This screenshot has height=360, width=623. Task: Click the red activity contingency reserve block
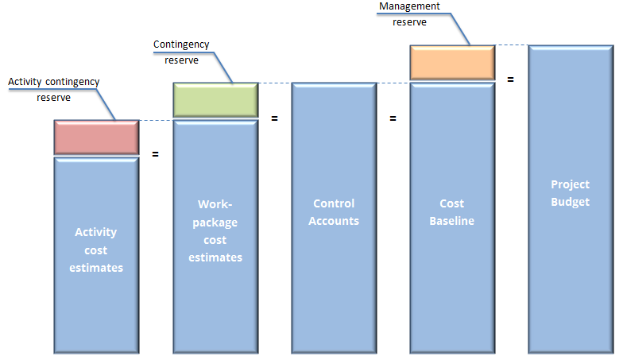pyautogui.click(x=97, y=137)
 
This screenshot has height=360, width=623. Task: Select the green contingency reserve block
pyautogui.click(x=215, y=99)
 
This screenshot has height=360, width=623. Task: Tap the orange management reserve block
pyautogui.click(x=451, y=62)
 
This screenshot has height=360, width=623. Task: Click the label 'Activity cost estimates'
pyautogui.click(x=95, y=250)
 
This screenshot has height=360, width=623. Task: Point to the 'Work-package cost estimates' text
pyautogui.click(x=215, y=231)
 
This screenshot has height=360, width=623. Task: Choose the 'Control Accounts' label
pyautogui.click(x=334, y=212)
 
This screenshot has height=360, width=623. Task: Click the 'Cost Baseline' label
pyautogui.click(x=451, y=212)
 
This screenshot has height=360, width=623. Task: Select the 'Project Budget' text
pyautogui.click(x=571, y=193)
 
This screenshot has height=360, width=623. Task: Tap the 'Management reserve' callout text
pyautogui.click(x=409, y=14)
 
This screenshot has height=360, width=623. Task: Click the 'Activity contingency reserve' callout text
pyautogui.click(x=53, y=89)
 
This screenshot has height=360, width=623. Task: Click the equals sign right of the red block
pyautogui.click(x=155, y=153)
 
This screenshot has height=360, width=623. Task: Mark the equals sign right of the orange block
pyautogui.click(x=510, y=79)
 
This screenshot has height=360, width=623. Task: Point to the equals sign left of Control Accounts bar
pyautogui.click(x=275, y=118)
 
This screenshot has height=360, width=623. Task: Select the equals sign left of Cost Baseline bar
pyautogui.click(x=393, y=118)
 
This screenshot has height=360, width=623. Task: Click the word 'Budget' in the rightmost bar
pyautogui.click(x=571, y=202)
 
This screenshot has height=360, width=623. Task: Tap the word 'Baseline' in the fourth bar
pyautogui.click(x=451, y=221)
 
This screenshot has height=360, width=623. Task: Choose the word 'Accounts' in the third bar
pyautogui.click(x=334, y=221)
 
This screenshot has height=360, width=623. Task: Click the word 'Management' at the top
pyautogui.click(x=409, y=6)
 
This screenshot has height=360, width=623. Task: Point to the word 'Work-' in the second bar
pyautogui.click(x=215, y=205)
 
